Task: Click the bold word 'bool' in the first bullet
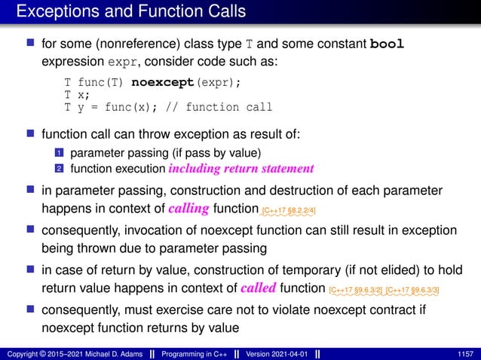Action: click(x=391, y=44)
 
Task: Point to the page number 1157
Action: click(x=466, y=353)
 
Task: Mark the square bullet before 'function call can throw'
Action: click(x=31, y=134)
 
